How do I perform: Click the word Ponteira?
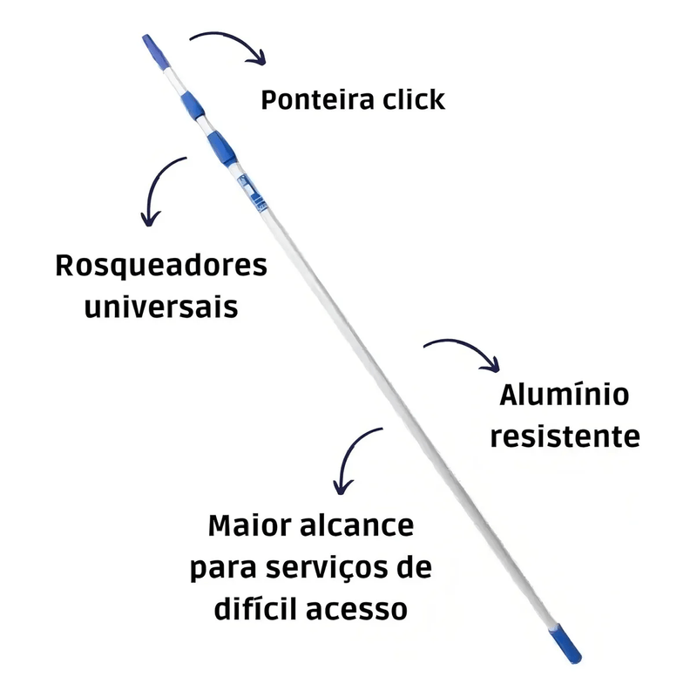tap(315, 99)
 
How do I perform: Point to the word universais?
tap(161, 307)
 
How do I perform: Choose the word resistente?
tap(565, 435)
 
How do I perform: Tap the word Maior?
tap(248, 527)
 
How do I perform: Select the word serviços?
tap(332, 568)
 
